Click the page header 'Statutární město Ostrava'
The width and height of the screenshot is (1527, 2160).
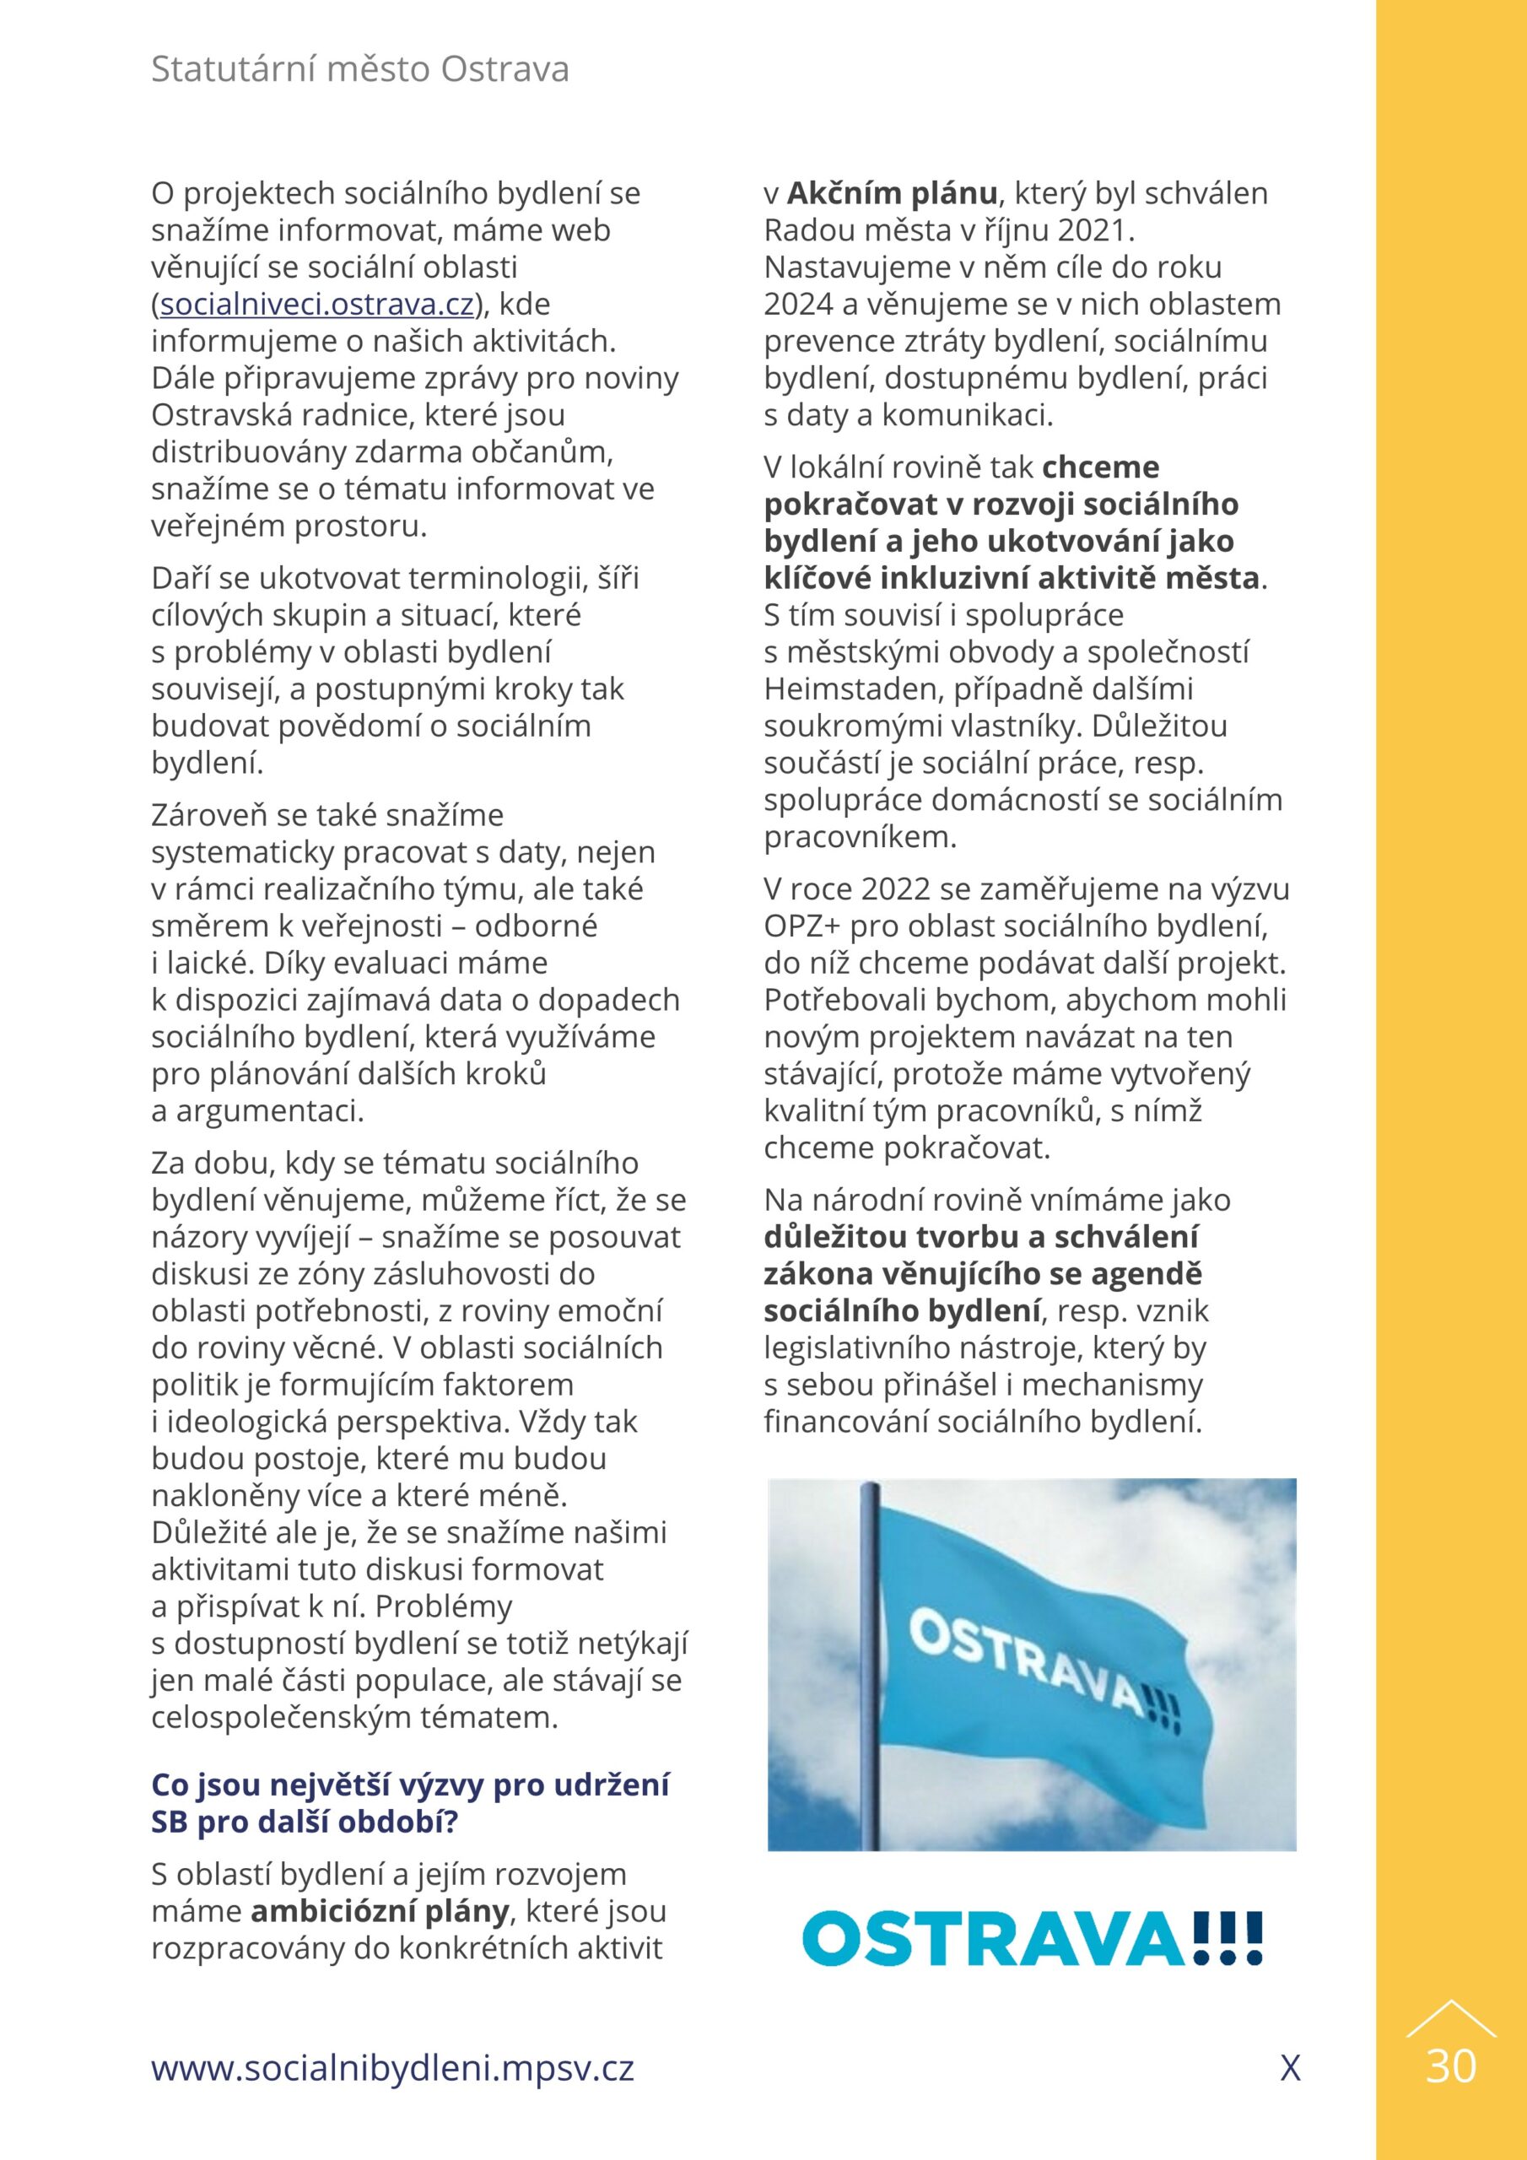359,70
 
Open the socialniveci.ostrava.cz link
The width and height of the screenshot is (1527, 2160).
317,305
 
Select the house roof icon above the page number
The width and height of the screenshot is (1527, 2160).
1451,2020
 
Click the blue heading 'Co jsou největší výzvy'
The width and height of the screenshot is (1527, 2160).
410,1785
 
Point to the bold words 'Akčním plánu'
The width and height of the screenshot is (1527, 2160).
892,194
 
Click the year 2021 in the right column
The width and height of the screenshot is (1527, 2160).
1096,230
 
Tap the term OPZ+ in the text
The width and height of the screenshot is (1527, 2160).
801,926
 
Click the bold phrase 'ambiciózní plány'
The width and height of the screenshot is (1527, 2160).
379,1911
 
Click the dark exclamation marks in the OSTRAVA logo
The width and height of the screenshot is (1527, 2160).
1226,1938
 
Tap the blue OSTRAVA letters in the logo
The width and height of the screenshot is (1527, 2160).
994,1939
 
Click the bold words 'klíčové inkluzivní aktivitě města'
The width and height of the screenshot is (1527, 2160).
1012,578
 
